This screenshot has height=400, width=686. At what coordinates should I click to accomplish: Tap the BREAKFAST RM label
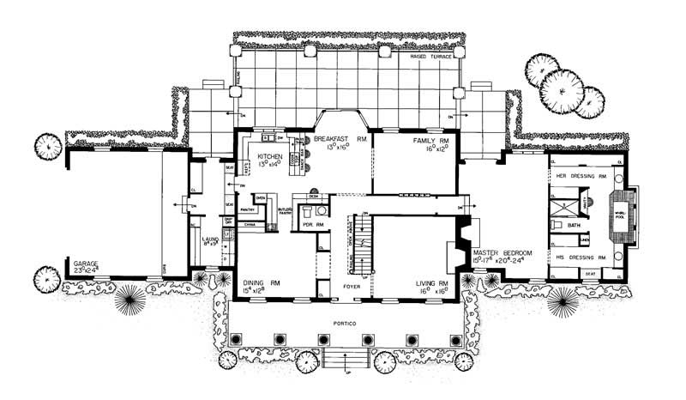[340, 138]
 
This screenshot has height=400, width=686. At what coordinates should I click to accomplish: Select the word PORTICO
[346, 323]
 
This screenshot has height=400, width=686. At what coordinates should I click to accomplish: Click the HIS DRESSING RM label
[581, 258]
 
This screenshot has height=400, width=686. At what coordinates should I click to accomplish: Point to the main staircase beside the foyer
[364, 245]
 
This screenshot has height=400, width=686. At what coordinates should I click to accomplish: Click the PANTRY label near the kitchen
[250, 209]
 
